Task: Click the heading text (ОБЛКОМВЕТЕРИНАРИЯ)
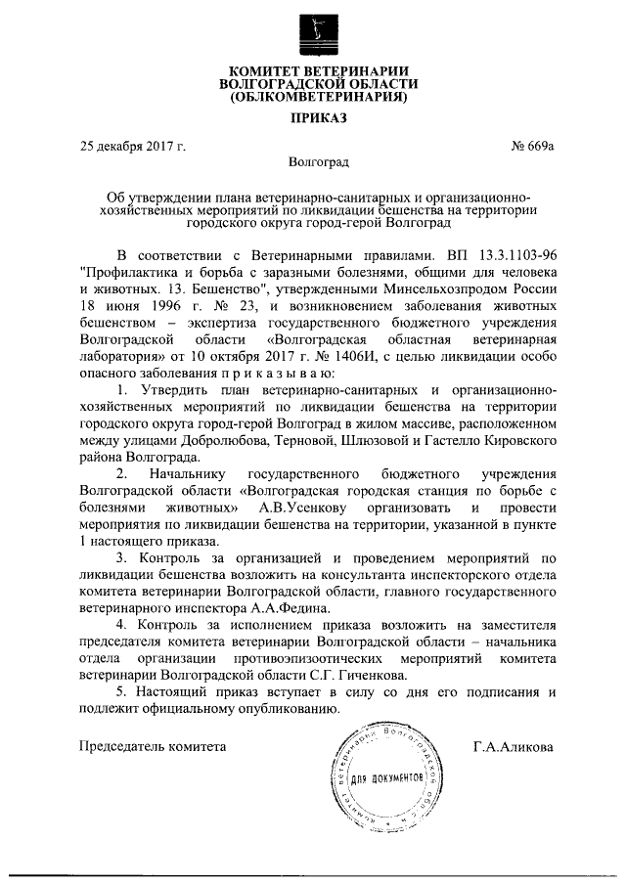314,99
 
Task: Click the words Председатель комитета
152,747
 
